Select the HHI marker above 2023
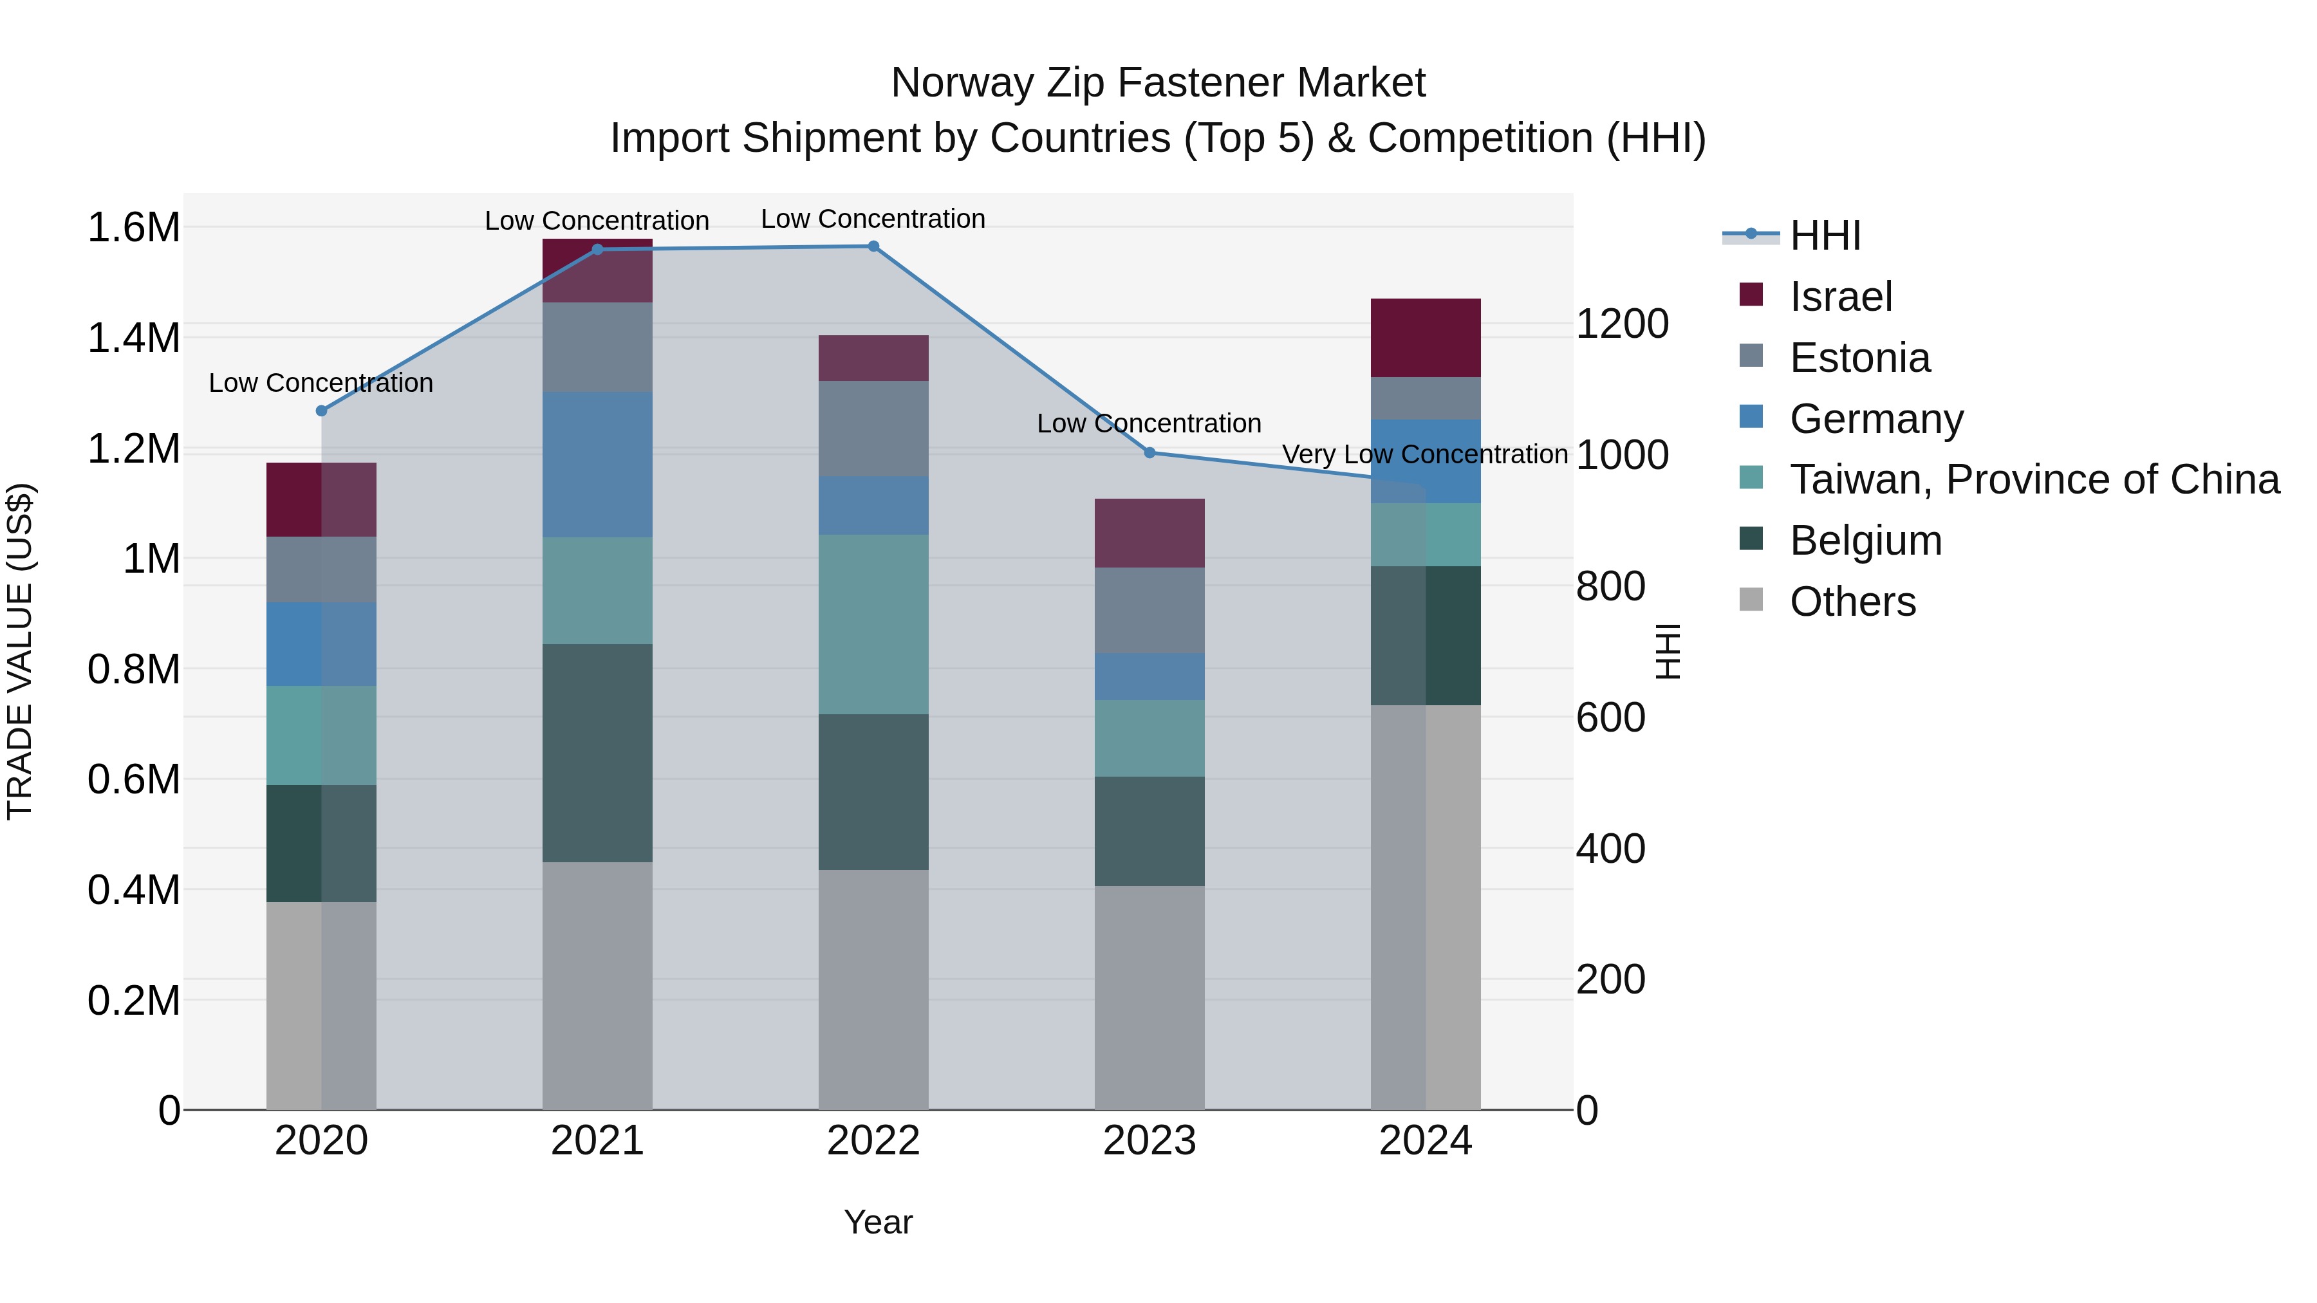[x=1149, y=453]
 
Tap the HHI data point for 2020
[x=321, y=411]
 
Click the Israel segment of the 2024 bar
[x=1426, y=337]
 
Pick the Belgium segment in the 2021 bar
[x=597, y=753]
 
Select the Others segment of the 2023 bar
[x=1149, y=997]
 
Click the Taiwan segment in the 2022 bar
[x=873, y=624]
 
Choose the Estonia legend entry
[x=1859, y=358]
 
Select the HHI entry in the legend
[x=1824, y=236]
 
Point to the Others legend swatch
[x=1751, y=600]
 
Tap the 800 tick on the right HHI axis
[x=1610, y=586]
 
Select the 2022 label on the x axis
[x=873, y=1141]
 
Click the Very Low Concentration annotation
[x=1425, y=455]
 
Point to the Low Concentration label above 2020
[x=321, y=383]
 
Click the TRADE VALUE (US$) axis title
[x=21, y=651]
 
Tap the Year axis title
[x=878, y=1222]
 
